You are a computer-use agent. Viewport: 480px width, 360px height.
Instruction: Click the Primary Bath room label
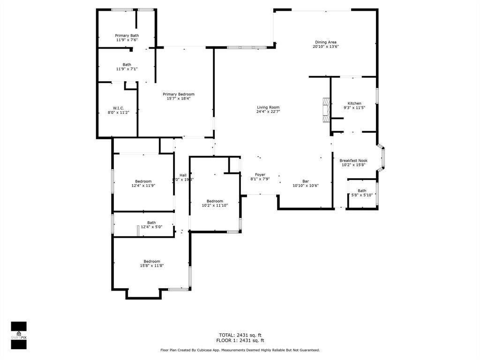(x=127, y=36)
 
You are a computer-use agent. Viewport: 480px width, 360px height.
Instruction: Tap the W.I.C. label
(x=118, y=108)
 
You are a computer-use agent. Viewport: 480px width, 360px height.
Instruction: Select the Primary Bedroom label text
(x=178, y=94)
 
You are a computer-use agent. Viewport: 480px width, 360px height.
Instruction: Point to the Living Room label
(x=268, y=107)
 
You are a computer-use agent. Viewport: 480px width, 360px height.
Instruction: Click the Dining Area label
(x=325, y=42)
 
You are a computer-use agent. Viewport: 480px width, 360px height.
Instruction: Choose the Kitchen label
(x=354, y=103)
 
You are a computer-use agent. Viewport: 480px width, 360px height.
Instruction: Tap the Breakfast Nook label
(x=353, y=160)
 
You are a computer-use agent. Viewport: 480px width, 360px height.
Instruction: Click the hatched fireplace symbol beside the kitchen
(x=325, y=110)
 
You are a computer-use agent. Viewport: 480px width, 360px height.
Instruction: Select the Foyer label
(x=260, y=174)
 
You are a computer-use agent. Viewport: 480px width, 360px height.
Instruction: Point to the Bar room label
(x=306, y=181)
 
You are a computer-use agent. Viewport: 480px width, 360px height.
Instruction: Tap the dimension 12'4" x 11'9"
(x=143, y=186)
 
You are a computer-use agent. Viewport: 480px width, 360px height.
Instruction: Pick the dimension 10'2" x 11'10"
(x=215, y=205)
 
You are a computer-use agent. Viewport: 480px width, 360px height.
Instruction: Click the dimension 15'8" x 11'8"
(x=151, y=266)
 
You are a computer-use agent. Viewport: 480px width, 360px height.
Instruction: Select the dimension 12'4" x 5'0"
(x=151, y=227)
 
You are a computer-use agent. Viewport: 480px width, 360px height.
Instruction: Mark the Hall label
(x=183, y=175)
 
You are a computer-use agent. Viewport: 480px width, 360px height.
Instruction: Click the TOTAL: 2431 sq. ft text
(x=240, y=335)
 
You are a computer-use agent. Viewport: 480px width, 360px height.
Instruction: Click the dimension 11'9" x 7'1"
(x=127, y=69)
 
